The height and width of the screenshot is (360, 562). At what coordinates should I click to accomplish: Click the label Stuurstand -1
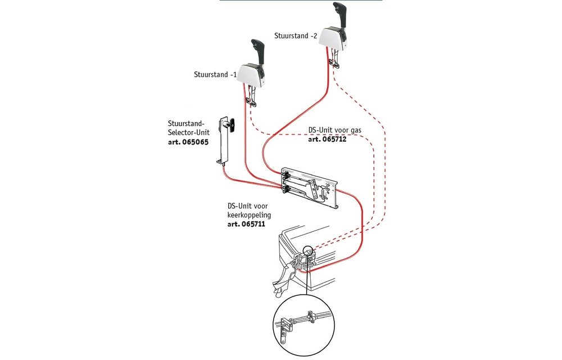pos(215,75)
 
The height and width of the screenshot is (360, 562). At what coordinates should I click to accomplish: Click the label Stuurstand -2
pos(296,36)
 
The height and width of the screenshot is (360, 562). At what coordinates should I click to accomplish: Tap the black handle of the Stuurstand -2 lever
pos(340,13)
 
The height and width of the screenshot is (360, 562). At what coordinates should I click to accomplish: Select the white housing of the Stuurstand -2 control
pos(332,38)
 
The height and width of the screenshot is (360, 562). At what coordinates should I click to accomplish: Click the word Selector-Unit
pos(188,133)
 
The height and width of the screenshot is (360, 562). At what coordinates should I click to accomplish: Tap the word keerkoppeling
pos(249,215)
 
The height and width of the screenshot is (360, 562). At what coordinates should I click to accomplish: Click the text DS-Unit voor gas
pos(335,130)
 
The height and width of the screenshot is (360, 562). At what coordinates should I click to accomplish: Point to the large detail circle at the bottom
pos(304,325)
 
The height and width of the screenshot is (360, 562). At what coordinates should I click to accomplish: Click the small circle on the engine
pos(307,252)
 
